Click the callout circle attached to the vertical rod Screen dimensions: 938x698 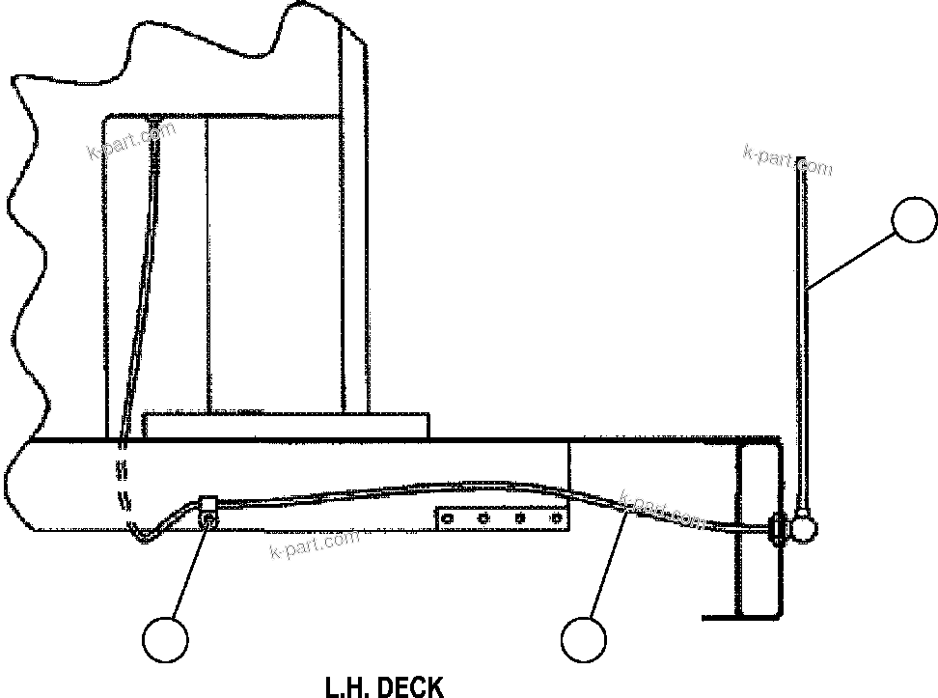coord(914,221)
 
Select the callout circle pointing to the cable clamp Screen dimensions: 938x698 coord(165,638)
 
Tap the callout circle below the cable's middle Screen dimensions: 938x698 coord(584,638)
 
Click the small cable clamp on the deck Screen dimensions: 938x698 coord(207,512)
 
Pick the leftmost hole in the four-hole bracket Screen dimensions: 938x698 coord(447,519)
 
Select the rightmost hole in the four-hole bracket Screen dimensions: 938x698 coord(555,519)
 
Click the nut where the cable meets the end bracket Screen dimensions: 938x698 coord(775,527)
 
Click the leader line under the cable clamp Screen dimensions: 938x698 coord(187,570)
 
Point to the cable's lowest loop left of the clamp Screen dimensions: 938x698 coord(146,536)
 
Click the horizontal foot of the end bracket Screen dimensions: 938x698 coord(739,615)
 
